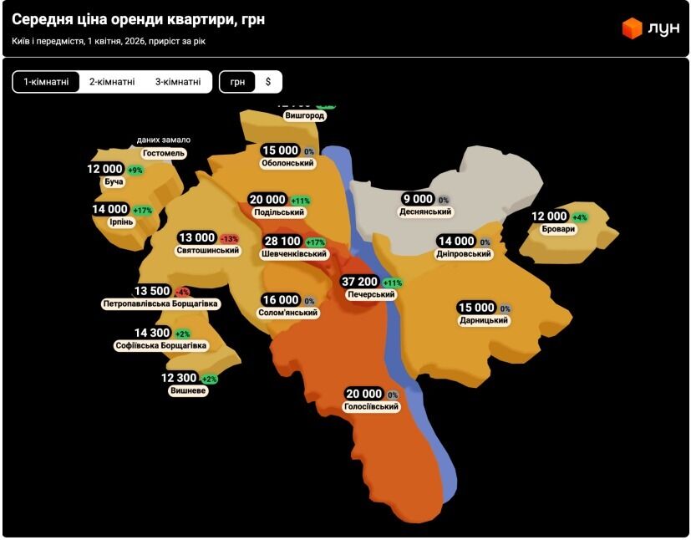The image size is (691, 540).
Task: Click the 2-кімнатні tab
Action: (112, 82)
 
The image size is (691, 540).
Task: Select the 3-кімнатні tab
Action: (178, 82)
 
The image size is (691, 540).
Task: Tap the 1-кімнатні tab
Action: (46, 82)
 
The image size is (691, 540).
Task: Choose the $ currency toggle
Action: (268, 82)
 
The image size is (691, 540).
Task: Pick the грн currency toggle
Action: (238, 82)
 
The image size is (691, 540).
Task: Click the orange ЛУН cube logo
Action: (632, 28)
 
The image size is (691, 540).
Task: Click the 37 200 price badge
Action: (361, 282)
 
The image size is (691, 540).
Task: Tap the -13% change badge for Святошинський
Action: (229, 238)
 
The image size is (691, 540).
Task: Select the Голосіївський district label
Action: (372, 407)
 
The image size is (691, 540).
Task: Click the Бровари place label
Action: (558, 229)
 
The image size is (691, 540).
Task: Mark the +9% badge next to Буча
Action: (135, 170)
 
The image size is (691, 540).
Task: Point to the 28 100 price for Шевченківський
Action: (282, 242)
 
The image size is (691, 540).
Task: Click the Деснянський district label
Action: (425, 212)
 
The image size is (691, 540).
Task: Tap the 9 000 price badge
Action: (418, 199)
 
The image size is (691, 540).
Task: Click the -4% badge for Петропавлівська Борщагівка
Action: (182, 292)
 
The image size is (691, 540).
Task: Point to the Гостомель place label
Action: (164, 154)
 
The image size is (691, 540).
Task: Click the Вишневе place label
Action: (188, 390)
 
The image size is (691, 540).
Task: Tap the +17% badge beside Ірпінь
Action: (143, 210)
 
